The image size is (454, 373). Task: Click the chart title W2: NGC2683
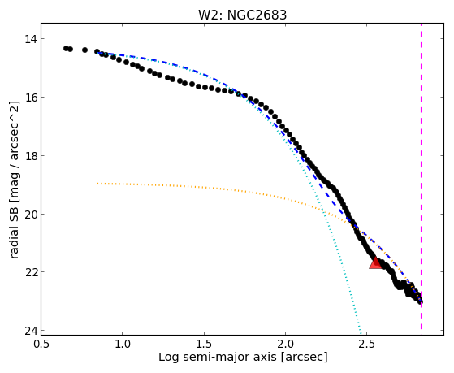click(x=242, y=15)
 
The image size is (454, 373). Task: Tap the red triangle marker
click(x=375, y=263)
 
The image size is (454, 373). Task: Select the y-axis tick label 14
click(x=30, y=38)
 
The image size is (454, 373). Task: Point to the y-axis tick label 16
click(x=30, y=97)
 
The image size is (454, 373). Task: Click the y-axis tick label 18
click(x=30, y=156)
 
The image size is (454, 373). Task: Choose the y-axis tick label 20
click(x=30, y=215)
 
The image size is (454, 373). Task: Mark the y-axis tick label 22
click(x=30, y=272)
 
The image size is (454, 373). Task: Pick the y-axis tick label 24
click(x=30, y=331)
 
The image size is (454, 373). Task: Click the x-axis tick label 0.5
click(x=41, y=344)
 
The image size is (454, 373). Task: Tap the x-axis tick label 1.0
click(x=123, y=344)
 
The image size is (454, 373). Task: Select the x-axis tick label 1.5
click(x=204, y=344)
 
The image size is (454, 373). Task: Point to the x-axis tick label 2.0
click(x=285, y=344)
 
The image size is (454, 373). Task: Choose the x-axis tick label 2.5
click(x=367, y=344)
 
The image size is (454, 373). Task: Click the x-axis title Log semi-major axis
click(x=218, y=358)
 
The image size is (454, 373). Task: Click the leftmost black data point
click(x=66, y=48)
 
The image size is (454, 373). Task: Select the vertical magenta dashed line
click(x=421, y=176)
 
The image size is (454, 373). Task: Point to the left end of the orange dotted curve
click(x=97, y=184)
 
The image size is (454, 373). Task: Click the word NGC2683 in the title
click(x=257, y=15)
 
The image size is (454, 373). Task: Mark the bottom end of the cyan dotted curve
click(x=361, y=332)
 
